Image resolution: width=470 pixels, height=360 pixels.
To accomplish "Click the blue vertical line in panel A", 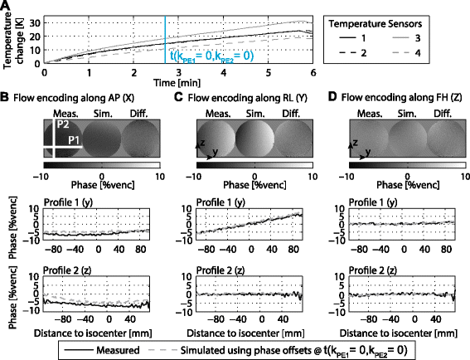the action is [x=165, y=40].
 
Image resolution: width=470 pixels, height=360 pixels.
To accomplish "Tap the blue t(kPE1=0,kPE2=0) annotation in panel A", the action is [x=211, y=56].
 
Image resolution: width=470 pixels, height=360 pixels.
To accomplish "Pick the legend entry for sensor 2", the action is [x=353, y=53].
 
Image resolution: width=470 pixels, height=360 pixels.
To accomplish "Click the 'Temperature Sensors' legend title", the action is [x=376, y=24].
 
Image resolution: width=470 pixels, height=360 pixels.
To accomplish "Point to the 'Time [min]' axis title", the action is [x=177, y=82].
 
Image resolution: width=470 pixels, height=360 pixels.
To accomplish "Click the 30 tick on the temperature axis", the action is [x=35, y=22].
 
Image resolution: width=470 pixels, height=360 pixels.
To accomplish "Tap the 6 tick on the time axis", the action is [x=313, y=73].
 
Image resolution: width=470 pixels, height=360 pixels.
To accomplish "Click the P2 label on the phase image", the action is [x=63, y=124].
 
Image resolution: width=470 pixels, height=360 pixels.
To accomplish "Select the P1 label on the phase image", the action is [x=74, y=140].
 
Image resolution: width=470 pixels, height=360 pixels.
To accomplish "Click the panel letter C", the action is [x=179, y=97].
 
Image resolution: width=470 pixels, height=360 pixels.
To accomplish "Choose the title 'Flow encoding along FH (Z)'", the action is [x=402, y=97].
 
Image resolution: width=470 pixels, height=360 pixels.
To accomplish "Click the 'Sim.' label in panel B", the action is [x=103, y=114].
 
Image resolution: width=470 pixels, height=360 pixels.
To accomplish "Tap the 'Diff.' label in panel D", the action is [x=443, y=114].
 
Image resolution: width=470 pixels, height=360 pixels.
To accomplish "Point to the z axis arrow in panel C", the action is [x=197, y=150].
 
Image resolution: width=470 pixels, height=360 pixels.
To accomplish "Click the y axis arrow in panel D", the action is [x=359, y=157].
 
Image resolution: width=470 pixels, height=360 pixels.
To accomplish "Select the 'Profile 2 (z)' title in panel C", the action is [x=220, y=270].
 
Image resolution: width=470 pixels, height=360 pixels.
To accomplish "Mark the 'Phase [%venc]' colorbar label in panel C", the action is [x=254, y=185].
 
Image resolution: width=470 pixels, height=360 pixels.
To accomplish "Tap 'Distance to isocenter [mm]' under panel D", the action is [x=399, y=333].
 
